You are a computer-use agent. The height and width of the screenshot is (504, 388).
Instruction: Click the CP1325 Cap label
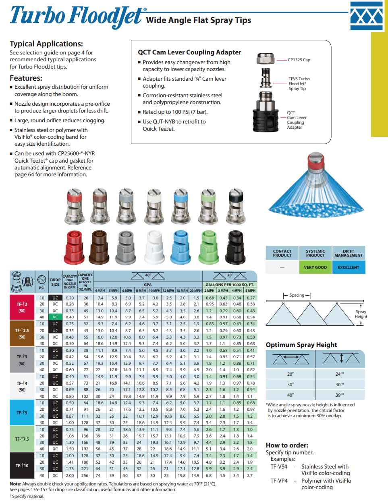coord(299,60)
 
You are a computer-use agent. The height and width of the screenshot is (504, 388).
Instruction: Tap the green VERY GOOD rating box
coord(315,267)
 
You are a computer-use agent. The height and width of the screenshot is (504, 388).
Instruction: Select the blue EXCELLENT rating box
coord(349,267)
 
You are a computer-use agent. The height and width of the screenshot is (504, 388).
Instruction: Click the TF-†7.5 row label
coord(22,439)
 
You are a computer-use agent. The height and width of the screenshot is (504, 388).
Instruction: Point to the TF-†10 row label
coord(22,465)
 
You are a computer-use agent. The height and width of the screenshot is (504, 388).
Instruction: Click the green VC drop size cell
coord(55,317)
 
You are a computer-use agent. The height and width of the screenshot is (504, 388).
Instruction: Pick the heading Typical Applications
coord(46,44)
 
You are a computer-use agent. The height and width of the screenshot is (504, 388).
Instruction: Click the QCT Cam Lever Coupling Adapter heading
coord(189,52)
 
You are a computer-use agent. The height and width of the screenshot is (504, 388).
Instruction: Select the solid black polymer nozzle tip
coord(236,247)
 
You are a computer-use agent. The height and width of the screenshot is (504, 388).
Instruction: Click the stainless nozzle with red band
coord(75,206)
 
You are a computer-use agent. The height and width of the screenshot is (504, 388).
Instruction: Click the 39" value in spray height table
coord(340,395)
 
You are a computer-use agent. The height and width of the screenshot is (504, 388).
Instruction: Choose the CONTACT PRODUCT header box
coord(282,253)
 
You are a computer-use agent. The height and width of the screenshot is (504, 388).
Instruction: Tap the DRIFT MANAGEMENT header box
coord(349,253)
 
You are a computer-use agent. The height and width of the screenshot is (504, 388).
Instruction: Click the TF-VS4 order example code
coord(279,466)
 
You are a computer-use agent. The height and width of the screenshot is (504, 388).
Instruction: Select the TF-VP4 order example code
coord(279,481)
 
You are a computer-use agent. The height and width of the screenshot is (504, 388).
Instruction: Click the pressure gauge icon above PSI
coord(41,279)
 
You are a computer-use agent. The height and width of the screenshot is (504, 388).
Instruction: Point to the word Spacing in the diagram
coord(297,295)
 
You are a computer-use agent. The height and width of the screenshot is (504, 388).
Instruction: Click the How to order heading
coord(287,445)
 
